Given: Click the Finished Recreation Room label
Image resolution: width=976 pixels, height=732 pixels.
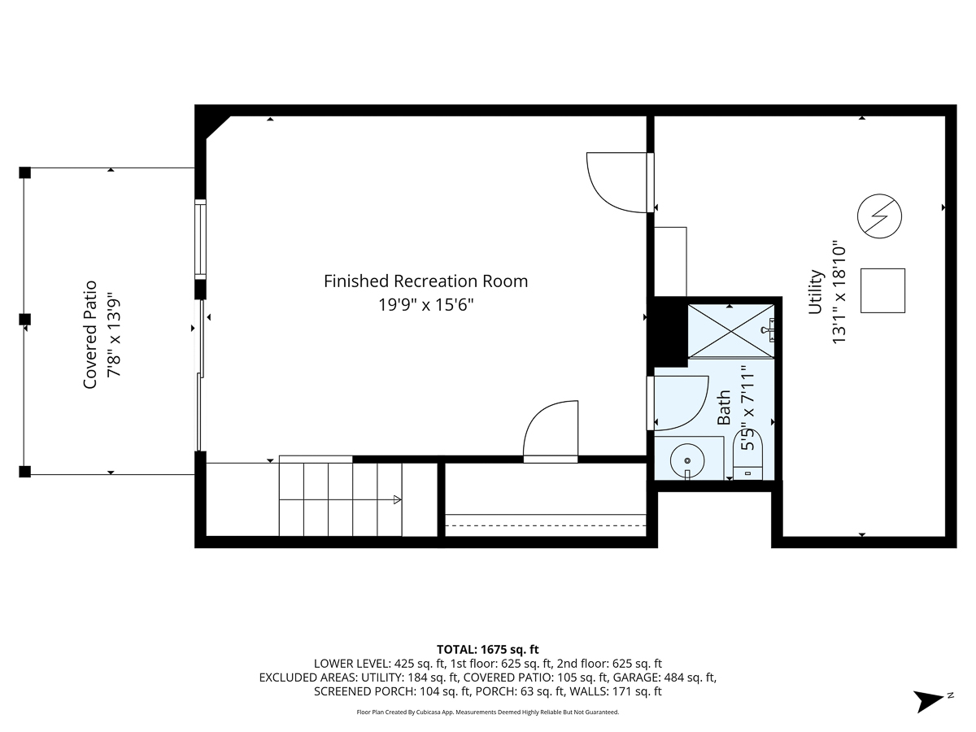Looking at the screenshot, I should [x=425, y=281].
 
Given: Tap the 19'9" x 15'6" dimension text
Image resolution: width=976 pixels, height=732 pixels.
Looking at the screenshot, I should [x=425, y=305].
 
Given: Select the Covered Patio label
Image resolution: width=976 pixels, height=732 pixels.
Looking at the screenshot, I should [x=90, y=333].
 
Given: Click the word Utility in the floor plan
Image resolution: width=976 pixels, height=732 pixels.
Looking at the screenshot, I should [x=816, y=292].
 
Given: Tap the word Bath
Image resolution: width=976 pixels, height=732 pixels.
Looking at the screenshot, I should [x=724, y=407].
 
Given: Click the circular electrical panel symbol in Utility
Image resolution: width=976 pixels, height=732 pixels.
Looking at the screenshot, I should [x=880, y=216].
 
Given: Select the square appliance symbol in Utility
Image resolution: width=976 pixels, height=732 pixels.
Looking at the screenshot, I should [x=882, y=290].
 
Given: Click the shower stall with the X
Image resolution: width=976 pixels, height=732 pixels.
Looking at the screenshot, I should [x=730, y=330].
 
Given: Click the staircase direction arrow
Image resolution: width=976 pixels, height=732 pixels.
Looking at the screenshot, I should [x=396, y=499].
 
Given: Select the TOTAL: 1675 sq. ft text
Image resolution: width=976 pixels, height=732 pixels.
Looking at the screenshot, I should [x=488, y=649].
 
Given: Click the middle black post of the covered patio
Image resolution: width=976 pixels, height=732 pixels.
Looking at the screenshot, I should [x=25, y=318].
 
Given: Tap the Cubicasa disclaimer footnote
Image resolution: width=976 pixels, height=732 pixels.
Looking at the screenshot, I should [x=488, y=712].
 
